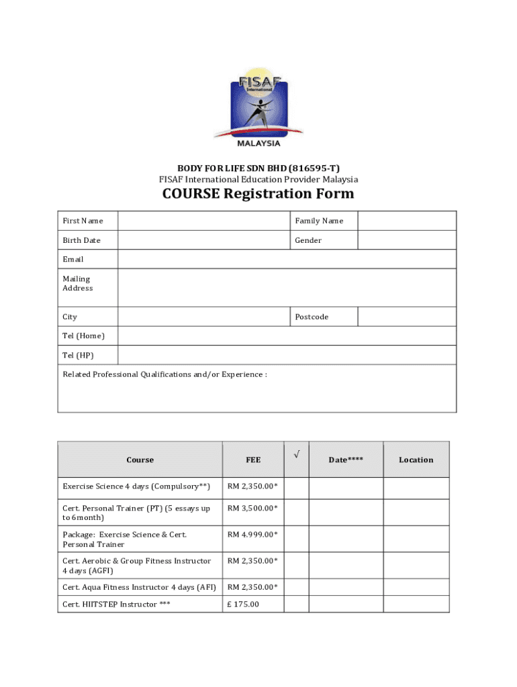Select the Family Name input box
(406, 221)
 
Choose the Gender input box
(406, 240)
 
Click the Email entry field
(287, 259)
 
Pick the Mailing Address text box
(287, 287)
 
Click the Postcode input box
(406, 317)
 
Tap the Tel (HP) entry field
(287, 355)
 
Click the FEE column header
(253, 460)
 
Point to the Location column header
(416, 460)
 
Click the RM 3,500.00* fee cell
(252, 509)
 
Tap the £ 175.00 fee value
(244, 604)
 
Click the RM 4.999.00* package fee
(252, 535)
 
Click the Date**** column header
(346, 460)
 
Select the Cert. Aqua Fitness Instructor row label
(139, 587)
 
